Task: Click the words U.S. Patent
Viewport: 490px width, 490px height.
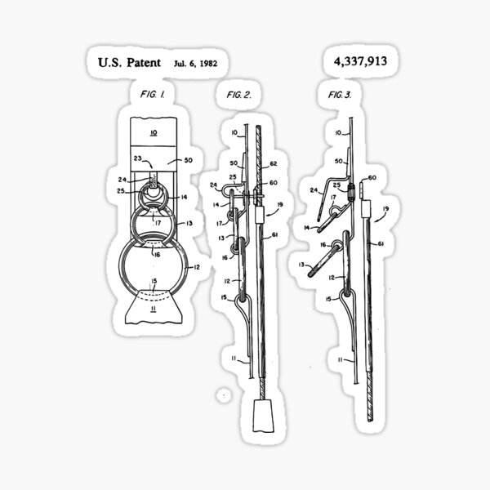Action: click(x=129, y=62)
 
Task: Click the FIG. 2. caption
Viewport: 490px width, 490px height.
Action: click(x=238, y=96)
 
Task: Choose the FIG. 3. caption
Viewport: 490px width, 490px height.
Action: click(x=339, y=96)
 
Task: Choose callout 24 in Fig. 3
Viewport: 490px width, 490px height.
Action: click(x=314, y=191)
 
